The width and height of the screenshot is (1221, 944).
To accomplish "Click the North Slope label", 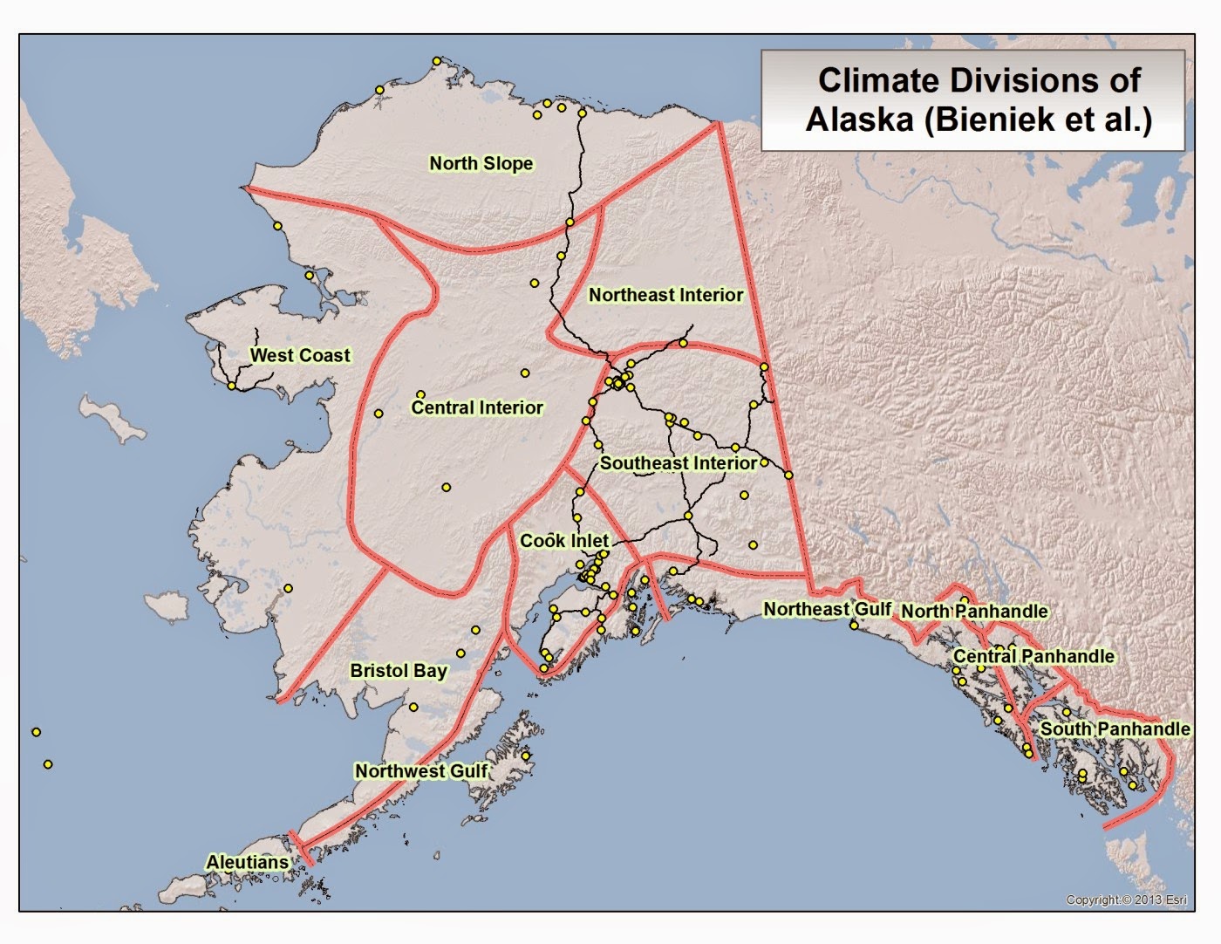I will click(481, 163).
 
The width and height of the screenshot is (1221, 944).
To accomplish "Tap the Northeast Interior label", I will click(665, 295).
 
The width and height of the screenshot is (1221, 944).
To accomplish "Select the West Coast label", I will click(300, 355).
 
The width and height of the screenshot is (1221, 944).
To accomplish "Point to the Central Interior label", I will click(477, 407).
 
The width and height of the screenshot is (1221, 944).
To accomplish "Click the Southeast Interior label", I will click(678, 463).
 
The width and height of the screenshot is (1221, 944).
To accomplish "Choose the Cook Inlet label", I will click(563, 541).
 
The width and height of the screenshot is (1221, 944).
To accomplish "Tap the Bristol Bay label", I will click(399, 671).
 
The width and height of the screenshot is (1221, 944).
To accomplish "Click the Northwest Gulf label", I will click(421, 771).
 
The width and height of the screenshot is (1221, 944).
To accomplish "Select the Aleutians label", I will click(247, 862).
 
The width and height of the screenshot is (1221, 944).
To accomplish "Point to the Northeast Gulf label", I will click(827, 609).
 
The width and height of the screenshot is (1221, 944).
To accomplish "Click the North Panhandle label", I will click(973, 612).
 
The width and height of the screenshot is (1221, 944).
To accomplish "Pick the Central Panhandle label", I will click(1033, 656).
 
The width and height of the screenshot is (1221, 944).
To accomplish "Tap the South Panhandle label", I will click(1115, 729).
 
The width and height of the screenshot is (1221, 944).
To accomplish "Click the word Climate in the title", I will click(879, 80).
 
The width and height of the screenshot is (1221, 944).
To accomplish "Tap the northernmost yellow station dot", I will click(437, 61).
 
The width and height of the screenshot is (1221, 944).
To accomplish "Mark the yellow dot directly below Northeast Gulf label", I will click(854, 625).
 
